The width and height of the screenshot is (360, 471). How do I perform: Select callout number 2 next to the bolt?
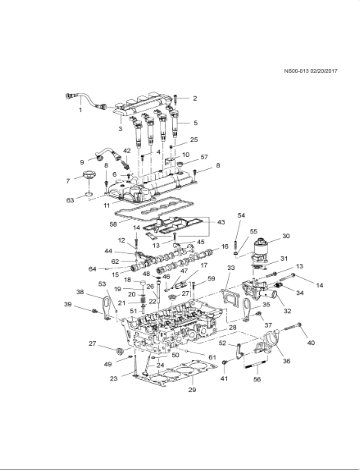[x=195, y=99]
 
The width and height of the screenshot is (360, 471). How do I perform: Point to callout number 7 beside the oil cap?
[x=68, y=181]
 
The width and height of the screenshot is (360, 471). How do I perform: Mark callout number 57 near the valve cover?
[x=203, y=158]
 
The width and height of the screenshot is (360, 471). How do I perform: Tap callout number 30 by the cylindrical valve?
[x=286, y=236]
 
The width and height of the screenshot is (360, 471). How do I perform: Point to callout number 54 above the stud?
[x=241, y=216]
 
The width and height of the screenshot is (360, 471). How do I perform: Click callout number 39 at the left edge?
[x=67, y=304]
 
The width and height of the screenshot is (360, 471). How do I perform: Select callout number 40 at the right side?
[x=310, y=343]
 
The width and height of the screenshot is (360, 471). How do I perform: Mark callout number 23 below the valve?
[x=113, y=380]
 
